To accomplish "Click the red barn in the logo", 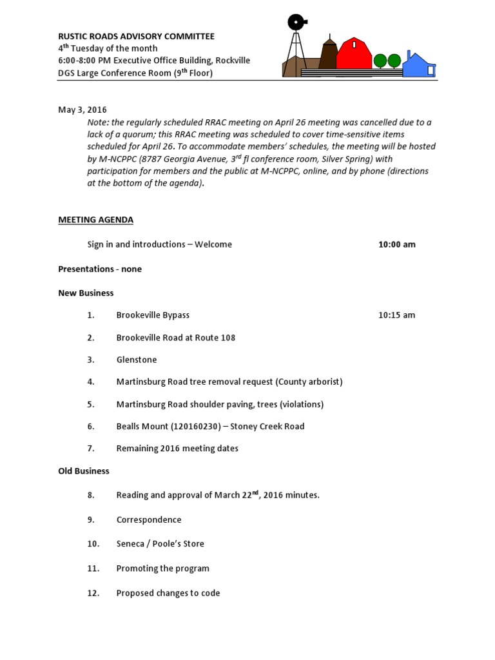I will pos(354,54).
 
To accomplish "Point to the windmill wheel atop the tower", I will pos(296,23).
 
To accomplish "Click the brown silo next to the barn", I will pos(329,55).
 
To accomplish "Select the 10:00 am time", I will pos(396,245).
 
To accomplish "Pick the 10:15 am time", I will pos(396,315).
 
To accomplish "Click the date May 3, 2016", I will pos(82,110).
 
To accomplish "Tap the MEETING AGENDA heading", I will pos(95,220).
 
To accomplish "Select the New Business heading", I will pos(86,293).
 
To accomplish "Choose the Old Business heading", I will pos(84,471).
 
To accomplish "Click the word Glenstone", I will pos(137,360).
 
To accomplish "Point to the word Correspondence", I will pos(149,519).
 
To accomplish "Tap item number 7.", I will pos(91,449).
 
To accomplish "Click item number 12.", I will pos(93,593).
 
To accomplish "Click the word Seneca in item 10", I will pos(131,544).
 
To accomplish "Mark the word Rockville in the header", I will pos(231,61).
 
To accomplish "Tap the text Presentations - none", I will pos(100,269).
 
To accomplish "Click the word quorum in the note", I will pos(129,134).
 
